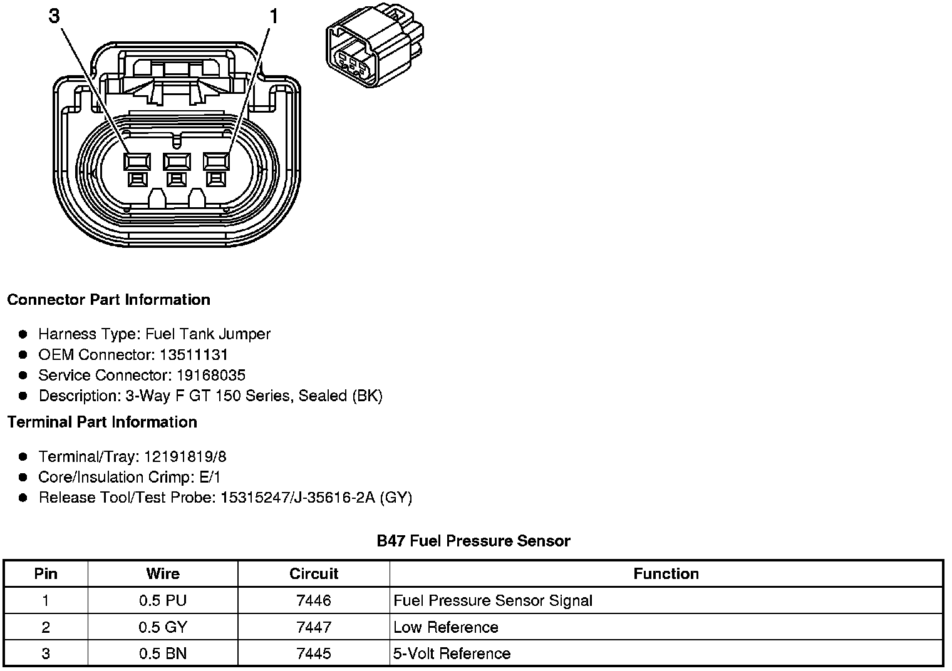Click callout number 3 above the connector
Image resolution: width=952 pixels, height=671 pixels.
click(x=54, y=16)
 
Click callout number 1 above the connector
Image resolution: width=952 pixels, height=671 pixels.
click(x=274, y=16)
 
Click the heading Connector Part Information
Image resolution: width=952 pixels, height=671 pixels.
click(x=108, y=299)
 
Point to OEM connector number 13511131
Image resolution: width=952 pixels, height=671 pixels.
click(x=194, y=354)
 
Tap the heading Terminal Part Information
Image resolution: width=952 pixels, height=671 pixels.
click(x=102, y=422)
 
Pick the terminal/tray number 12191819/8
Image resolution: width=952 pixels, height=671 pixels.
click(x=185, y=456)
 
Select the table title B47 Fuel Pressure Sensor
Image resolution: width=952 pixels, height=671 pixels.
click(x=473, y=541)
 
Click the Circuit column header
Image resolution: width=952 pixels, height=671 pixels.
click(x=313, y=573)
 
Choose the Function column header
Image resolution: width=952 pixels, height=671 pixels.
click(x=666, y=573)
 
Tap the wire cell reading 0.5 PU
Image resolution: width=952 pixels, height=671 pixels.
click(x=163, y=600)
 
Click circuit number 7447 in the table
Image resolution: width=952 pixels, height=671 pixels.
click(x=313, y=627)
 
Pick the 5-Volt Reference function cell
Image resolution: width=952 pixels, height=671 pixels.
click(x=452, y=653)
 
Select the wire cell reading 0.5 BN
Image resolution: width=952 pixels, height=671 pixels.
click(x=163, y=653)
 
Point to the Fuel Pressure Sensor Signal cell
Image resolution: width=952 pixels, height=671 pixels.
click(x=493, y=600)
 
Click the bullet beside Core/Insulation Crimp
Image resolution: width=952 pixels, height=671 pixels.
click(x=23, y=477)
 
